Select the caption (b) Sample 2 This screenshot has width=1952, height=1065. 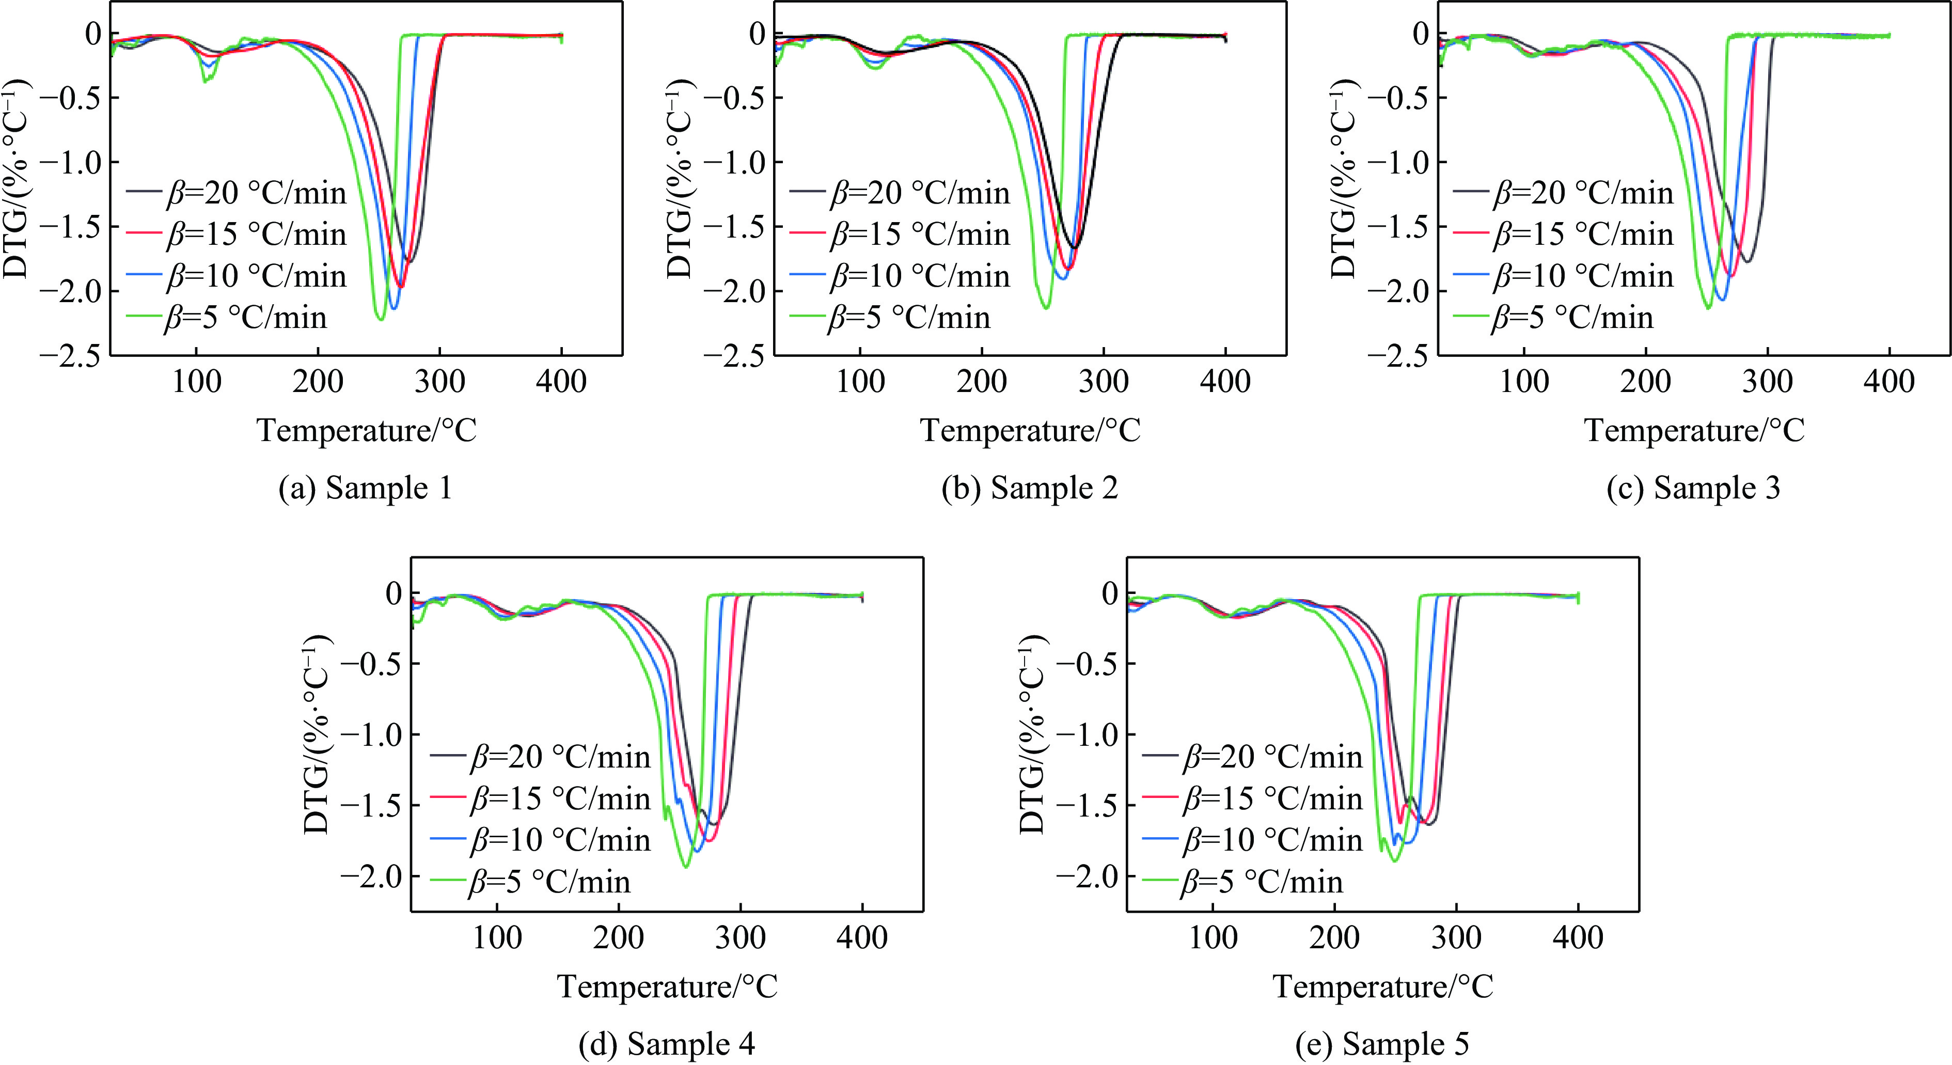[x=1029, y=488]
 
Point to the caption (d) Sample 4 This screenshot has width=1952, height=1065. [x=667, y=1044]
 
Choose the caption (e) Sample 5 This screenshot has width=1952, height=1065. [x=1382, y=1044]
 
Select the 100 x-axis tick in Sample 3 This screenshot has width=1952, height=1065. [x=1524, y=381]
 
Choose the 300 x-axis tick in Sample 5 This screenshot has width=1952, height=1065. [x=1456, y=937]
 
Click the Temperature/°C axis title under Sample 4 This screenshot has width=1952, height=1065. [x=667, y=986]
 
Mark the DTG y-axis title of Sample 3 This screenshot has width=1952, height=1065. [x=1344, y=178]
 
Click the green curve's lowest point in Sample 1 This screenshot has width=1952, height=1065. [x=381, y=319]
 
